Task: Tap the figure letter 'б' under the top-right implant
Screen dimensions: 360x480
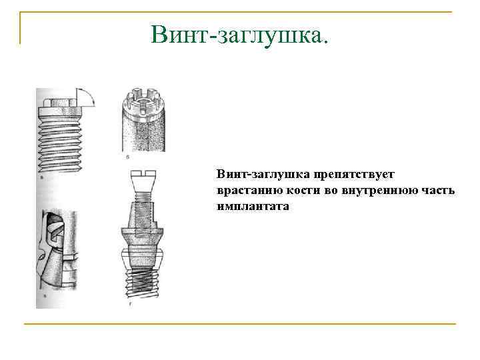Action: (x=127, y=156)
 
